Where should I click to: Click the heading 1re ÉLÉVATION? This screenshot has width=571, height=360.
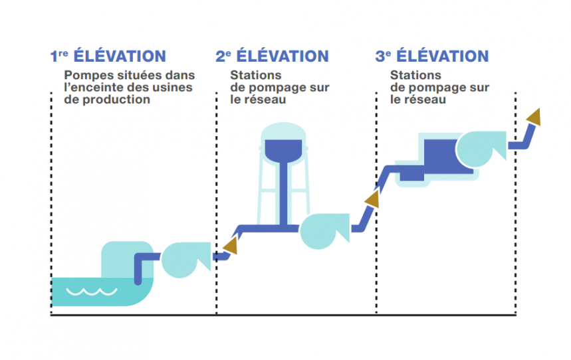coord(108,56)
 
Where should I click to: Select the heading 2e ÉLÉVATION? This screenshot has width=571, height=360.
coord(272,56)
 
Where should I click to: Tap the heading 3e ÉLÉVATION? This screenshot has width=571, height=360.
coord(432,56)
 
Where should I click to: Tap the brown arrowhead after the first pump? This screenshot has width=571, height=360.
coord(231,247)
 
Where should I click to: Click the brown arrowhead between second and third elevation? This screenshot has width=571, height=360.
coord(372,199)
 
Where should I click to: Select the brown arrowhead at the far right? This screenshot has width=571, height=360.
coord(533,118)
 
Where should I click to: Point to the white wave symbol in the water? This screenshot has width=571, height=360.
coord(94,291)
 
